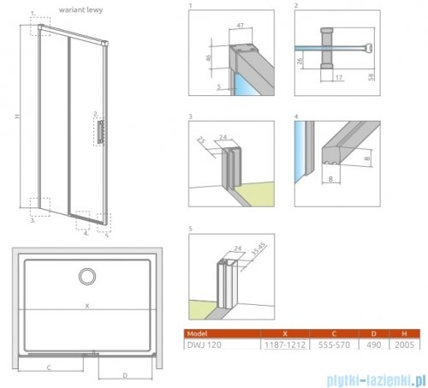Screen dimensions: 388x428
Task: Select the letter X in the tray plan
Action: tap(86, 306)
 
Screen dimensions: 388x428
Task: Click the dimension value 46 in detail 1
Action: tap(211, 59)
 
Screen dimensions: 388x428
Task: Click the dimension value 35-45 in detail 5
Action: tap(257, 252)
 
